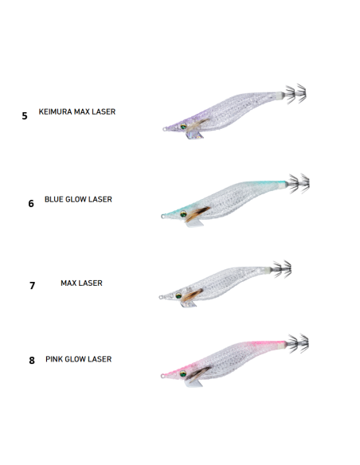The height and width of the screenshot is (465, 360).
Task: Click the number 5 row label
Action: click(25, 115)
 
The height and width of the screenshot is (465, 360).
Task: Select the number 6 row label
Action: click(31, 204)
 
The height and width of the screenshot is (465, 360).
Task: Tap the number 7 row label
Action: click(33, 285)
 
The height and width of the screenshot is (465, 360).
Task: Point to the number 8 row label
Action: click(32, 361)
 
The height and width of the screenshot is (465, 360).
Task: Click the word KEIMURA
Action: click(56, 111)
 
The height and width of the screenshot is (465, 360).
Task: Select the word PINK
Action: click(54, 359)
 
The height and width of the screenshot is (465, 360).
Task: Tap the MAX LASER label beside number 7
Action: click(81, 283)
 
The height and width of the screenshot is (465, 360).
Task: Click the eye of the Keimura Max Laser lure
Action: click(183, 127)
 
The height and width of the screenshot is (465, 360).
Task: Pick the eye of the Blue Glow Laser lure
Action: click(183, 214)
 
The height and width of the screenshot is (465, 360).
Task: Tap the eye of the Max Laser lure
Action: click(178, 295)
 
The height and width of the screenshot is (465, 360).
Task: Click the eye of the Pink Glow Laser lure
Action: click(183, 373)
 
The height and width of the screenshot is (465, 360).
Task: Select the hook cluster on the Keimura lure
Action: click(295, 94)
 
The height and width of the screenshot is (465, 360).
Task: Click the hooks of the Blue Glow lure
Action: click(299, 184)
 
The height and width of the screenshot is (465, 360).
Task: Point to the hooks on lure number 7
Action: click(282, 269)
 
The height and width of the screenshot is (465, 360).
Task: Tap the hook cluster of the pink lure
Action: click(299, 343)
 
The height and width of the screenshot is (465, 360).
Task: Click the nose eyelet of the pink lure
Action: click(162, 376)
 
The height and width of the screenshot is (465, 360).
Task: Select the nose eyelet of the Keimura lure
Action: click(165, 129)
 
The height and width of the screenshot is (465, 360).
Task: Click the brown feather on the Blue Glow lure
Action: click(198, 214)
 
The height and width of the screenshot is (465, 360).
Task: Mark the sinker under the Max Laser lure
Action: click(189, 304)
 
